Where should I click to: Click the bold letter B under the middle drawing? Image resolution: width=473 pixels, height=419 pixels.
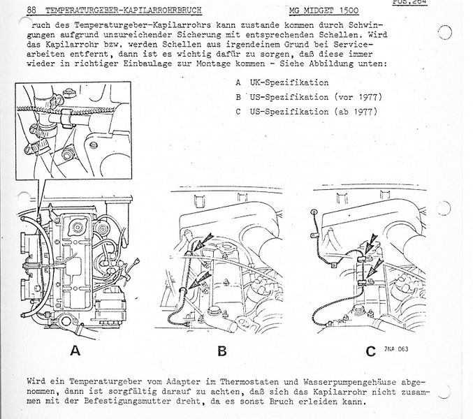(221, 351)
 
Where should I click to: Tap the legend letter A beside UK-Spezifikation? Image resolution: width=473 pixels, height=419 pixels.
(238, 80)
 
